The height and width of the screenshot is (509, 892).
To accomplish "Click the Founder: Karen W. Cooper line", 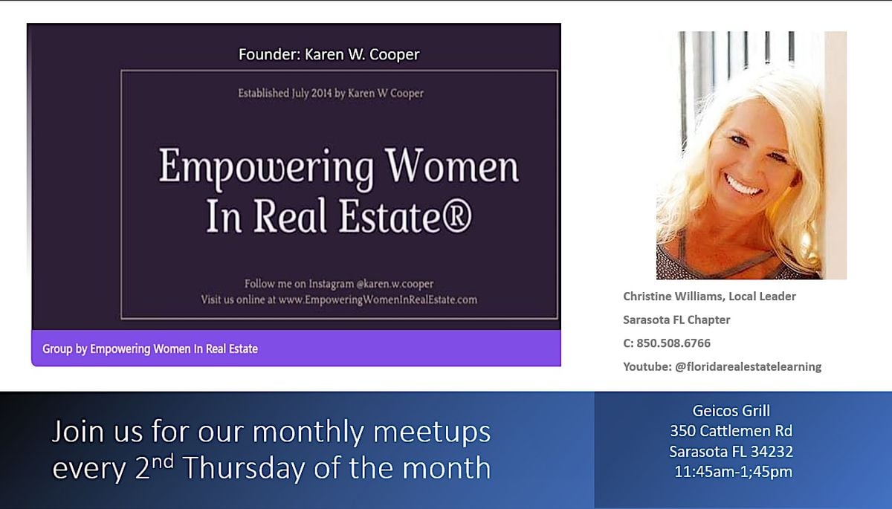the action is point(329,54).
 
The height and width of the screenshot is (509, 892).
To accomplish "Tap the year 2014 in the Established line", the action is point(321,93).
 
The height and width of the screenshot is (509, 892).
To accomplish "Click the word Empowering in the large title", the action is point(266,166).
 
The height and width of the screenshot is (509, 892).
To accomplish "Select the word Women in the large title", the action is point(453,164).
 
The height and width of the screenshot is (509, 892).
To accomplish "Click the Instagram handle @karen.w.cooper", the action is point(395,284).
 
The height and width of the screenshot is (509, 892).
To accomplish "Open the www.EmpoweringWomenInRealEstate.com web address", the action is point(378,299).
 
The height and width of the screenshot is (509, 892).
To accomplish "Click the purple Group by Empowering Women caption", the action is point(149,349).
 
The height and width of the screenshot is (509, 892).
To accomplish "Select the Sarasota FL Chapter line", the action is point(676,320).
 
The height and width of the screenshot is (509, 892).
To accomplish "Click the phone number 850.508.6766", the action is point(673,343).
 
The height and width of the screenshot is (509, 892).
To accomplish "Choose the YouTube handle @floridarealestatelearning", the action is point(749,366).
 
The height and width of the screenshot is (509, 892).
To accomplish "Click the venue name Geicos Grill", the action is point(731,411).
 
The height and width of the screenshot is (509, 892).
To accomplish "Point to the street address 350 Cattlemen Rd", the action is point(731,431).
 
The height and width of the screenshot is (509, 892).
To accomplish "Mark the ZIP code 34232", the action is point(772,451).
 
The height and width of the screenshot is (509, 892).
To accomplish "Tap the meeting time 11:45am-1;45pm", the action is point(733,472).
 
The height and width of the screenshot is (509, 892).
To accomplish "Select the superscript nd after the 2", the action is point(163,461).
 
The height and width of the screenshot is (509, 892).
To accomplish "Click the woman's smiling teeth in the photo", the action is point(743,185).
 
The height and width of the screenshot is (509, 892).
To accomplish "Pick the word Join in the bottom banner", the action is point(77,432).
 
